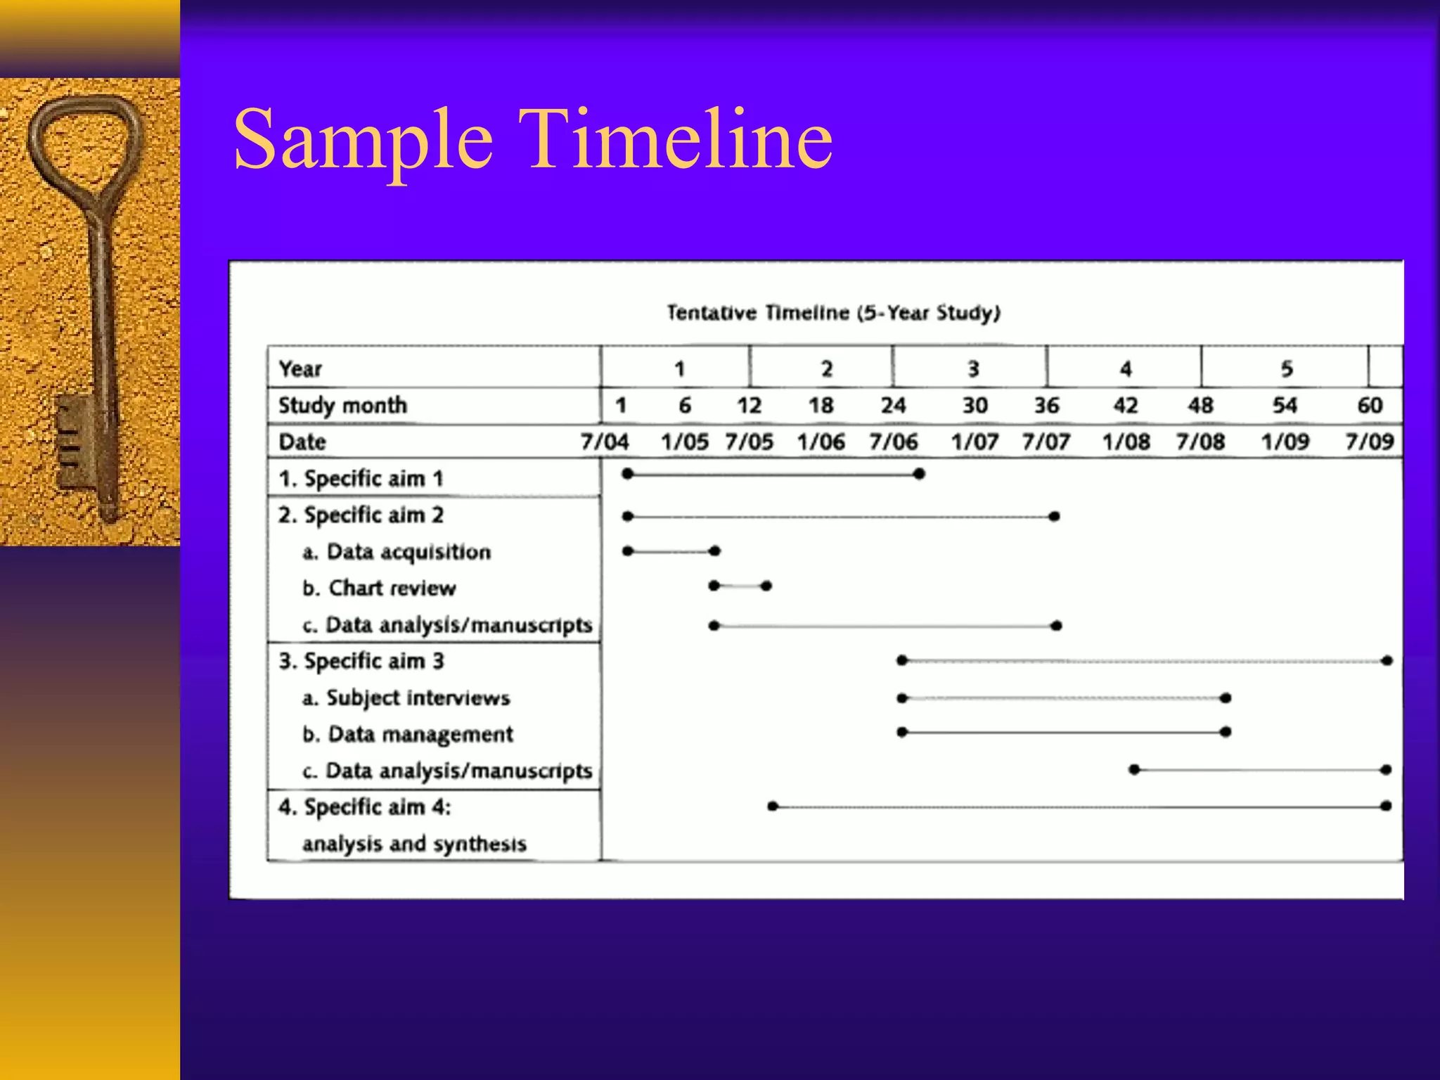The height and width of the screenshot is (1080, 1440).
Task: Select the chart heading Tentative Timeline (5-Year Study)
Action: pyautogui.click(x=833, y=312)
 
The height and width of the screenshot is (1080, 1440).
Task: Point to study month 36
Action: pyautogui.click(x=1046, y=405)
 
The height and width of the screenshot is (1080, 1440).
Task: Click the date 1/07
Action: pyautogui.click(x=975, y=442)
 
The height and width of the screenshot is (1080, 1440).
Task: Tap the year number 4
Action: pyautogui.click(x=1126, y=368)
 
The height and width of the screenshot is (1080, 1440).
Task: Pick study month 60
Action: pyautogui.click(x=1370, y=405)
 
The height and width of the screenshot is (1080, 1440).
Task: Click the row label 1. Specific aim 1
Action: pyautogui.click(x=361, y=479)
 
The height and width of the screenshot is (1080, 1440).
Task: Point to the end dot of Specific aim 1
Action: pyautogui.click(x=919, y=474)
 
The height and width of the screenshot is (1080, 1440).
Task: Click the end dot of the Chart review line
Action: pyautogui.click(x=766, y=586)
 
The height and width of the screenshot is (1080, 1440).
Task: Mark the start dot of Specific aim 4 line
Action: pyautogui.click(x=773, y=806)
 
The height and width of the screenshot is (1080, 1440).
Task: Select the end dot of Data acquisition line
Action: pyautogui.click(x=715, y=551)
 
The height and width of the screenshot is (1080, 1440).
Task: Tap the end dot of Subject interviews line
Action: pyautogui.click(x=1226, y=697)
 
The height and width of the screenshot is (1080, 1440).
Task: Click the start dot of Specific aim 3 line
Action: pyautogui.click(x=902, y=660)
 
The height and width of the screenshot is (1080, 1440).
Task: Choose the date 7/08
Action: pyautogui.click(x=1200, y=442)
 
